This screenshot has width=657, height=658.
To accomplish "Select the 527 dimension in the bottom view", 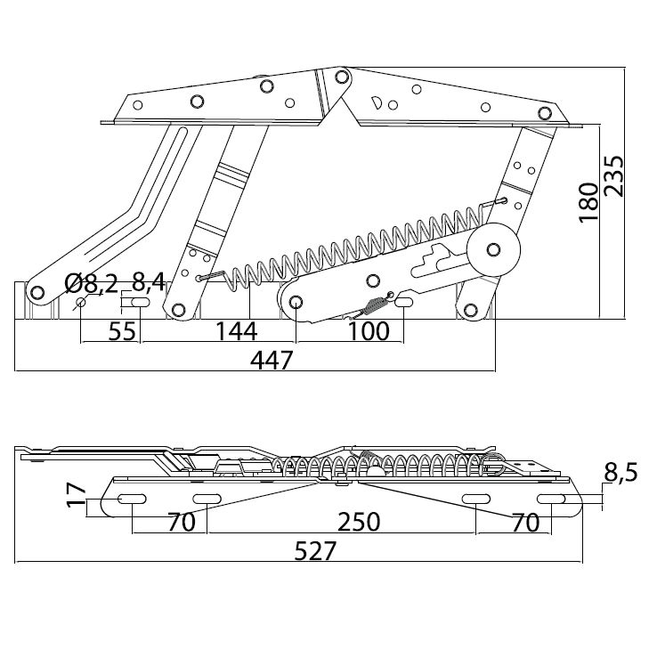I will pos(316,551).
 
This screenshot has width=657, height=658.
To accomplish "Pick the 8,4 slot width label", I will pos(148,284).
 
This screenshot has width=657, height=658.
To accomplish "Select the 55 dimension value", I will pos(121,331).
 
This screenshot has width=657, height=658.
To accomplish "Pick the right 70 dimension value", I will pos(526,522).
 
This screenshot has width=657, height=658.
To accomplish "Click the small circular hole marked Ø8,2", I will pos(81,304).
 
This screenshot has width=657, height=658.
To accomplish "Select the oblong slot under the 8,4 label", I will pos(140,304).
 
